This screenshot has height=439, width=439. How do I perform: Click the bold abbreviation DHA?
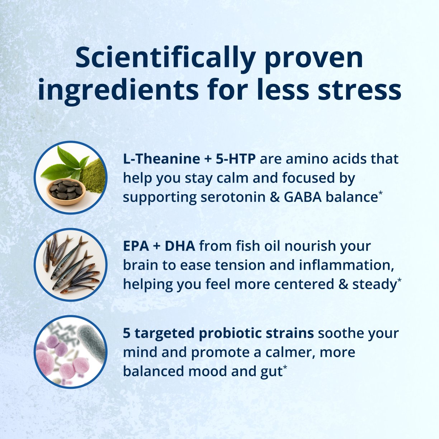point(180,246)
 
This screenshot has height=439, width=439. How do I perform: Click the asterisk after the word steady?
point(399,280)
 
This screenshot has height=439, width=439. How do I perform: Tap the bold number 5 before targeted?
point(127,334)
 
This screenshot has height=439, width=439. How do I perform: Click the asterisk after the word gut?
point(285,367)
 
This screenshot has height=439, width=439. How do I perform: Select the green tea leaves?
point(65,163)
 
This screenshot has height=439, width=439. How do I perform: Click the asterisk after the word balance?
point(381,193)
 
